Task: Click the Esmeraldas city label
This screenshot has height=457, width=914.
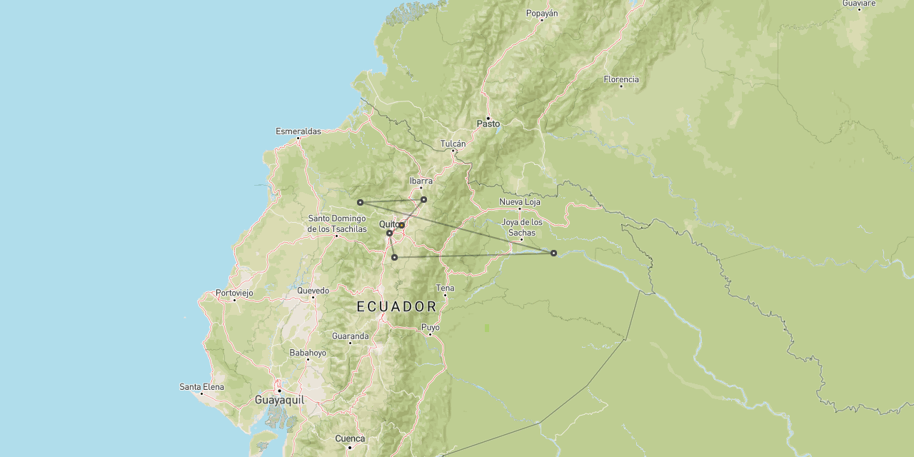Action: tap(298, 131)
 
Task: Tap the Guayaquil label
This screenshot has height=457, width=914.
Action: tap(279, 401)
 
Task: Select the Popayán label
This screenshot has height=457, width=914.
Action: tap(541, 14)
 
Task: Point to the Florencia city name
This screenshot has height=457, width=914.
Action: tap(621, 79)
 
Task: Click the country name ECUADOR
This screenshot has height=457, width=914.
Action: tap(396, 307)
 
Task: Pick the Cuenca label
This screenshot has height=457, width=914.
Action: tap(350, 439)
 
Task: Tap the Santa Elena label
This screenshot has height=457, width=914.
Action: tap(201, 387)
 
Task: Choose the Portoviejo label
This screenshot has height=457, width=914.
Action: tap(234, 293)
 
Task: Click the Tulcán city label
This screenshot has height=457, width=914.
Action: tap(453, 144)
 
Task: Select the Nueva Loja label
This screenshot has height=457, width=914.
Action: tap(519, 202)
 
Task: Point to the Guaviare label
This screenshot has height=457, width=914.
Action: tap(858, 4)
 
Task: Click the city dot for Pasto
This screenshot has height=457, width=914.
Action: tap(488, 118)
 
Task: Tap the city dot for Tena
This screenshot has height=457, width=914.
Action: tap(445, 295)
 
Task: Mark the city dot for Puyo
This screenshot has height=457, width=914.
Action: tap(430, 334)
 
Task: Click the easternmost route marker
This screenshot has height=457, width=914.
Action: tap(553, 253)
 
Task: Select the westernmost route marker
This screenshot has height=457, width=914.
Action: tap(360, 202)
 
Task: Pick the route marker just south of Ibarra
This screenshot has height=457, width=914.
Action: tap(423, 199)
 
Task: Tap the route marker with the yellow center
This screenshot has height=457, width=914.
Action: tap(401, 225)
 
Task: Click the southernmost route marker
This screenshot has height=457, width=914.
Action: tap(394, 257)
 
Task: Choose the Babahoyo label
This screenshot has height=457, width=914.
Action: tap(308, 353)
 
